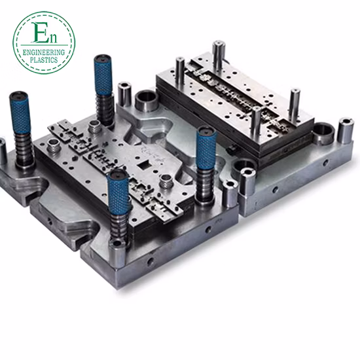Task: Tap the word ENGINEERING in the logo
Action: (44, 52)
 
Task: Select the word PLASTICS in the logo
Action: (44, 60)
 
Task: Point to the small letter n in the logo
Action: (52, 38)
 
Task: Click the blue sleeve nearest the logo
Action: (103, 75)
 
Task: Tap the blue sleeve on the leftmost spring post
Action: (19, 113)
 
